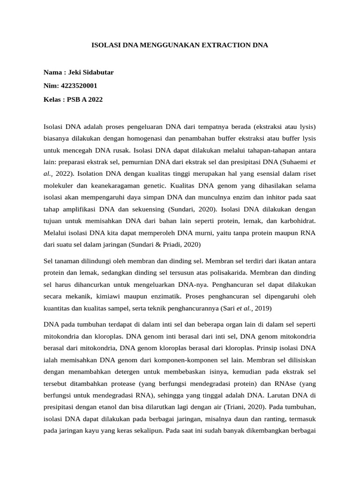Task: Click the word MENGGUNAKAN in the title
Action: tap(158, 45)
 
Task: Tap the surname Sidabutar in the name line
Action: tap(97, 73)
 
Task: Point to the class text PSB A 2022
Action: tap(85, 99)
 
